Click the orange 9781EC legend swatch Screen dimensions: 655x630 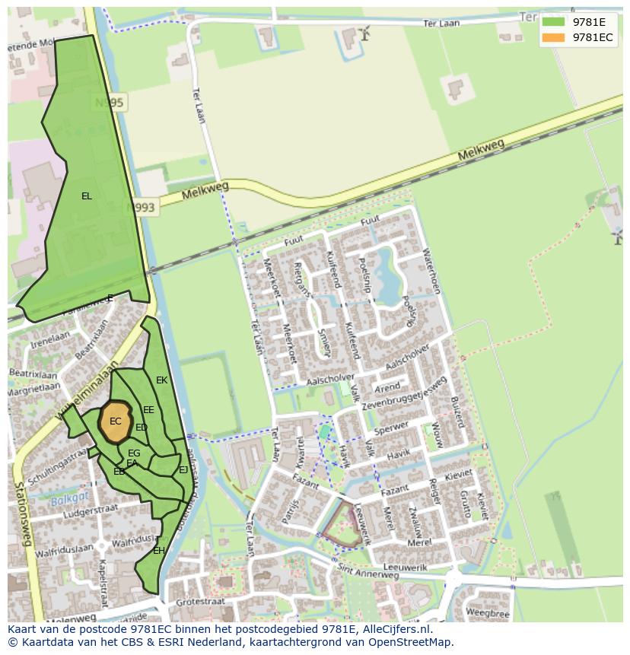[x=553, y=37]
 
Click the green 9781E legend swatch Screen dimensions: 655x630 [x=553, y=21]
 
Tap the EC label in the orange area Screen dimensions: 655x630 [x=115, y=421]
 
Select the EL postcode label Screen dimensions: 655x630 [x=87, y=196]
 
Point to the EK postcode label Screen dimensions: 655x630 [x=161, y=380]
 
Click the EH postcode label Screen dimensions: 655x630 [x=158, y=550]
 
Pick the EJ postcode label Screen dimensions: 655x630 [x=183, y=470]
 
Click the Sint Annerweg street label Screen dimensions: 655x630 [x=369, y=568]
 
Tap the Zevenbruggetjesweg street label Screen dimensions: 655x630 [x=404, y=393]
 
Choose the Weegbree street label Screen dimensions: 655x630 [x=487, y=612]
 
